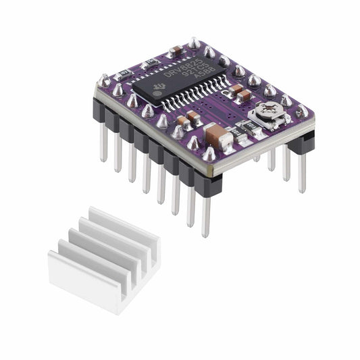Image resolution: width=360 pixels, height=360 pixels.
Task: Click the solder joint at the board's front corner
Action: point(208,155)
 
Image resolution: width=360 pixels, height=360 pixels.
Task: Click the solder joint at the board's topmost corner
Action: point(194,43)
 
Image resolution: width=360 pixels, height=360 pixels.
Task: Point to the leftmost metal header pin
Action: point(103,142)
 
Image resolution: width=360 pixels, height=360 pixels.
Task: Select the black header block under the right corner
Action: point(303,137)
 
